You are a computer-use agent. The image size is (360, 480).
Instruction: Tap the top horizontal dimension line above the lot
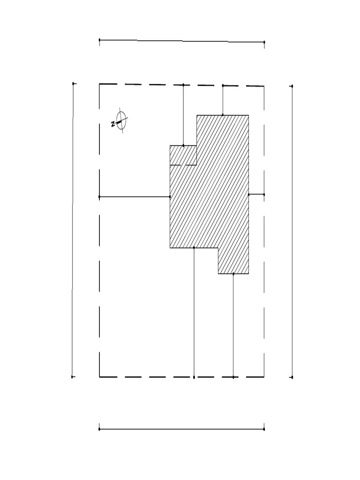pos(182,41)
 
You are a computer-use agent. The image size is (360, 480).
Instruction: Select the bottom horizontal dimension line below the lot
pos(182,429)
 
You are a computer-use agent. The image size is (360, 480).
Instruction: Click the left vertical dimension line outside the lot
pos(73,230)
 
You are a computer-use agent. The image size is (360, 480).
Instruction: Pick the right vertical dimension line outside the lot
pos(292,232)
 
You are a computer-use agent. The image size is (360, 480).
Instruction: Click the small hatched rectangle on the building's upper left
pos(183,155)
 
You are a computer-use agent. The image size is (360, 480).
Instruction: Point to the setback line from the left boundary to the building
pos(135,197)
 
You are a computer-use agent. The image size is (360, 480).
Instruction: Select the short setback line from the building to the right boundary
pos(256,194)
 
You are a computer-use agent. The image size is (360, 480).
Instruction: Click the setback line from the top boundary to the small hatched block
pos(183,115)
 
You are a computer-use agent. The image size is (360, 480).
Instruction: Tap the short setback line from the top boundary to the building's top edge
pos(223,100)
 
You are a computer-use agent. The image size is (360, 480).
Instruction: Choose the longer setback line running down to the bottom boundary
pos(194,312)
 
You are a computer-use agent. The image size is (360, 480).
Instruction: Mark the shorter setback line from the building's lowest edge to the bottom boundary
pos(233,325)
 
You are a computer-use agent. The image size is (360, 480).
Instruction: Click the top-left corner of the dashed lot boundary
pos(99,84)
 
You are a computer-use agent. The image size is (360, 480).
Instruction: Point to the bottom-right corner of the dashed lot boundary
pos(264,377)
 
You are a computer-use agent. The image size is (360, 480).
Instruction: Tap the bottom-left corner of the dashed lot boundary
pos(99,376)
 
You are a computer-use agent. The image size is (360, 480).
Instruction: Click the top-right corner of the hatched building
pos(248,115)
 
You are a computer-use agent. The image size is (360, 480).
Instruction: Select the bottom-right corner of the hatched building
pos(248,274)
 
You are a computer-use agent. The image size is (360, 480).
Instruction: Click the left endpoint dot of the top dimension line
pos(99,40)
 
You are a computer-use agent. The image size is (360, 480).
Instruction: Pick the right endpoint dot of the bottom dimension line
pos(264,429)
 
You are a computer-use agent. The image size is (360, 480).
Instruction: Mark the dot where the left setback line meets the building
pos(170,197)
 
